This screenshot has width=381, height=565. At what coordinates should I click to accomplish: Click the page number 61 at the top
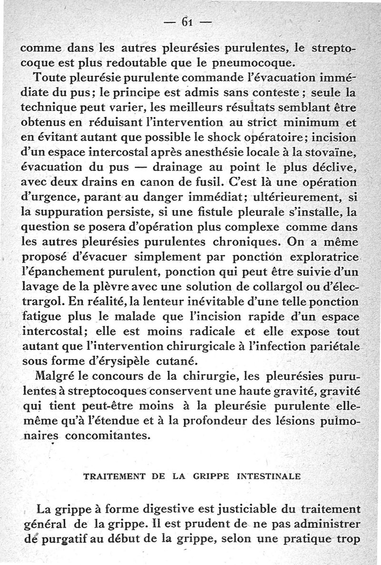pyautogui.click(x=186, y=21)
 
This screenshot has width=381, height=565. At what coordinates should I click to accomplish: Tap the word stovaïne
pyautogui.click(x=332, y=154)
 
